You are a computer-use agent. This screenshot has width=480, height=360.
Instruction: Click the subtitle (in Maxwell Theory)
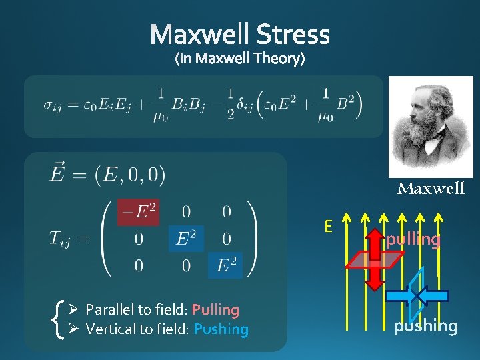(240, 59)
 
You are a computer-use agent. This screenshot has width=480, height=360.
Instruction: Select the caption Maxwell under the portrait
(431, 189)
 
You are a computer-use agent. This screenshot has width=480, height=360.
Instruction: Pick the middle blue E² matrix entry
(186, 239)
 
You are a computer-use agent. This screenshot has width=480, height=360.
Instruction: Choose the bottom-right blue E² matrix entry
(227, 265)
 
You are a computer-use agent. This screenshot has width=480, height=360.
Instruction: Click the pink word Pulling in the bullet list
(215, 310)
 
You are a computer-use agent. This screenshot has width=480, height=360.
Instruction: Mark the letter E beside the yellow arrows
(327, 227)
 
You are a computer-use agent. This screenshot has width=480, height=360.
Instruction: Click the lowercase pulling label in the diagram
(413, 239)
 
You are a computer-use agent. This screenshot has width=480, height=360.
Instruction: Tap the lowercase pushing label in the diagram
(426, 326)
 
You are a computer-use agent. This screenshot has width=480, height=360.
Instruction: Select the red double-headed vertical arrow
(376, 263)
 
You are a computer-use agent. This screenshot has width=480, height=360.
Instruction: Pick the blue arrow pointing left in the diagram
(433, 296)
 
